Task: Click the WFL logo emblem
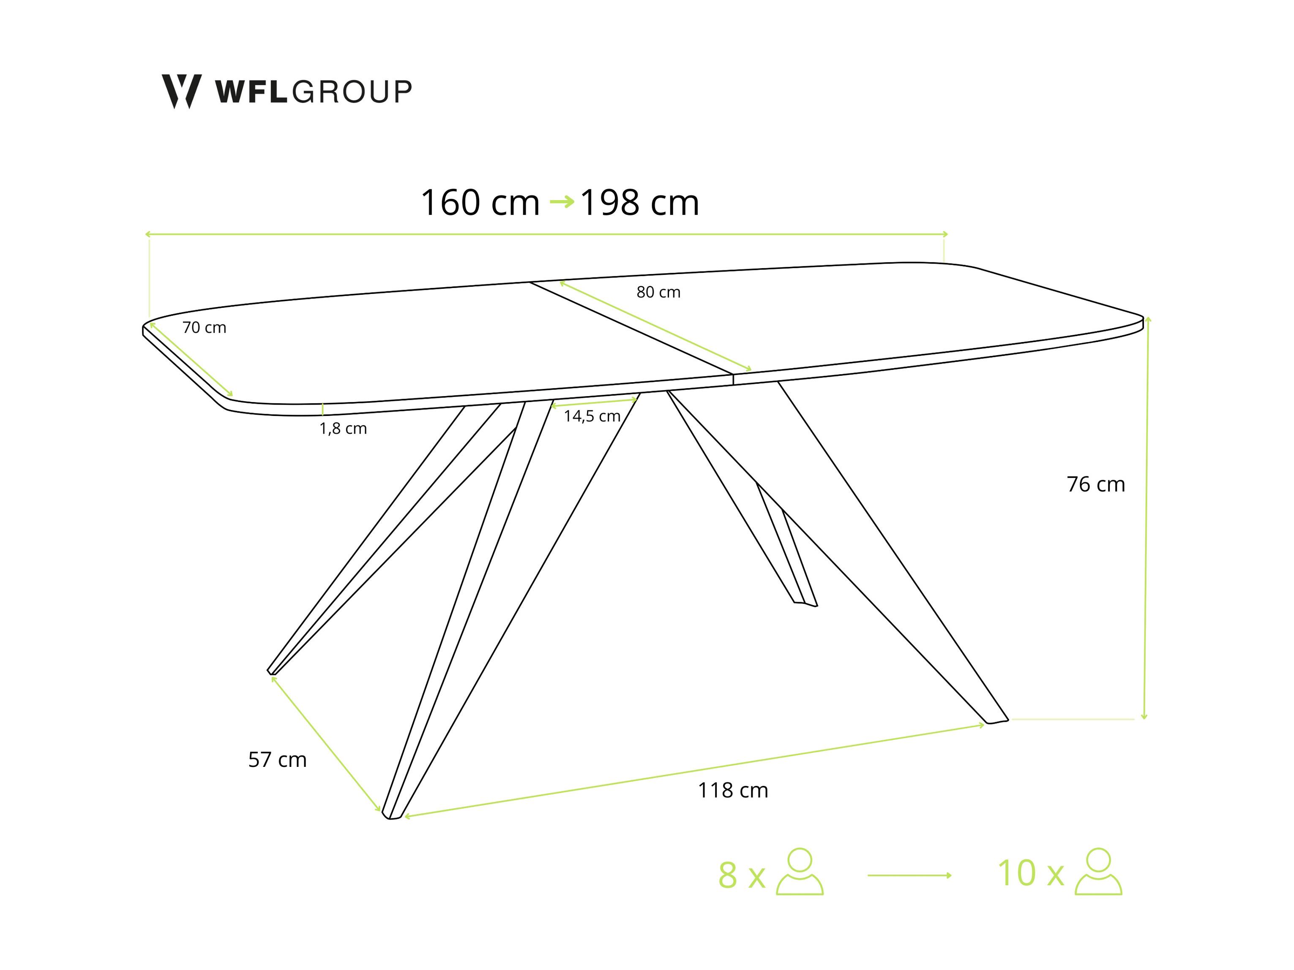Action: (x=181, y=91)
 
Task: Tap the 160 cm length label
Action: (x=480, y=203)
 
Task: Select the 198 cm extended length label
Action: (x=639, y=203)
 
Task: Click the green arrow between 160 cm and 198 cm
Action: (x=562, y=202)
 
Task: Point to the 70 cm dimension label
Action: (x=204, y=327)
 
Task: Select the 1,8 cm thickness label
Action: (x=343, y=429)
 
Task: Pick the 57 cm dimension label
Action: (x=277, y=760)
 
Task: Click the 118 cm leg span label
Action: (x=732, y=790)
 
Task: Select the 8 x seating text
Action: (x=742, y=875)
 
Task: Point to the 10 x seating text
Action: (x=1030, y=873)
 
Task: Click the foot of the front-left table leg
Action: (x=391, y=815)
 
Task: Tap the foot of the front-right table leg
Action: (x=996, y=720)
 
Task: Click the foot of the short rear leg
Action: (x=805, y=603)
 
